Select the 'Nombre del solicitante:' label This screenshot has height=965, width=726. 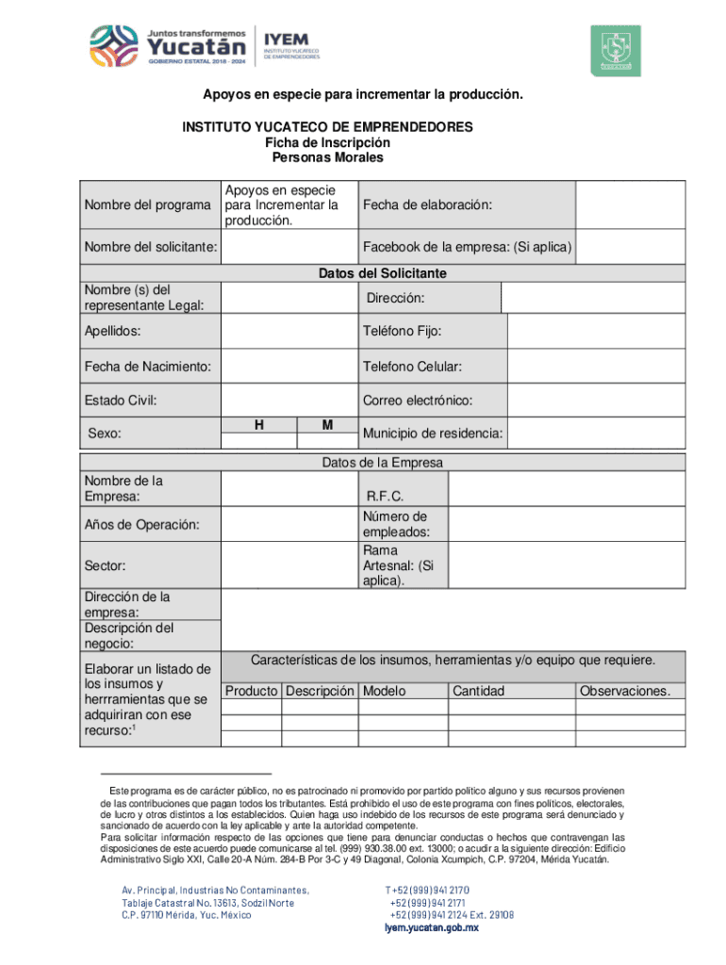pyautogui.click(x=151, y=248)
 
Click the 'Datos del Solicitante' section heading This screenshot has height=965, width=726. pyautogui.click(x=382, y=273)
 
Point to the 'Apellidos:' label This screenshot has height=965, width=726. pyautogui.click(x=112, y=332)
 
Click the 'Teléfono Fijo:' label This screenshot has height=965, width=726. pyautogui.click(x=402, y=332)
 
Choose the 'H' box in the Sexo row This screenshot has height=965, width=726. pyautogui.click(x=258, y=426)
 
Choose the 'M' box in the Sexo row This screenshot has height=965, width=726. pyautogui.click(x=327, y=426)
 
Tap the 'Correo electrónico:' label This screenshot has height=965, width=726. pyautogui.click(x=418, y=400)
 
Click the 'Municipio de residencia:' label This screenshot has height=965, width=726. pyautogui.click(x=433, y=433)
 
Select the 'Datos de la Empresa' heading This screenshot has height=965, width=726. pyautogui.click(x=382, y=463)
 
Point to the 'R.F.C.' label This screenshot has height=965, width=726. pyautogui.click(x=386, y=496)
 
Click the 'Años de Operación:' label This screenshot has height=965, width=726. pyautogui.click(x=140, y=525)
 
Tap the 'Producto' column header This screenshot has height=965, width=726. pyautogui.click(x=251, y=691)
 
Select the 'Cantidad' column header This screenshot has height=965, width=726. pyautogui.click(x=478, y=691)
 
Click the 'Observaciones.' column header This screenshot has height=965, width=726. pyautogui.click(x=625, y=691)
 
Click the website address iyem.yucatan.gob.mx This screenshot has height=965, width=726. pyautogui.click(x=432, y=927)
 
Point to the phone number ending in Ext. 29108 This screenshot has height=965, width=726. pyautogui.click(x=452, y=914)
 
